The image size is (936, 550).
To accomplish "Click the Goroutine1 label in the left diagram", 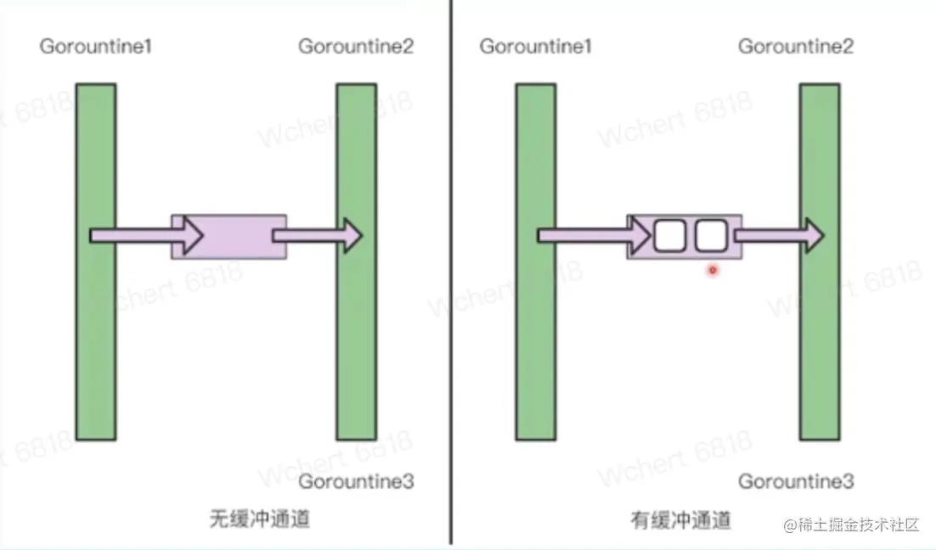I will coord(96,46).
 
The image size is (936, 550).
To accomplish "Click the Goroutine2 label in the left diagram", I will coord(356,46).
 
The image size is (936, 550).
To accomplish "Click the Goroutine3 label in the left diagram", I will coord(356,482).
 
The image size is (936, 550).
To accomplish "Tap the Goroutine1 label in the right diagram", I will coord(536,46).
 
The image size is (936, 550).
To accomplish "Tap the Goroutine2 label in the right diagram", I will coord(796,46).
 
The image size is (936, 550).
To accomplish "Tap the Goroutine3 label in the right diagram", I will coord(796,482).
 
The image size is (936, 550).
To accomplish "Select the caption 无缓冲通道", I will coord(259,519).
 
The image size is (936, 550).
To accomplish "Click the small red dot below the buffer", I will coord(713,270).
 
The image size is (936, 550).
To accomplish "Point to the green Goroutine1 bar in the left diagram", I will coord(96,340).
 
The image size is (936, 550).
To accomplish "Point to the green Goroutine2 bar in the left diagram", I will coord(356,340).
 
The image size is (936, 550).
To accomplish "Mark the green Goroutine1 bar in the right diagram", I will coord(536,340).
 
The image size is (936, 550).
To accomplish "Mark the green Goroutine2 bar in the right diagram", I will coord(820,340).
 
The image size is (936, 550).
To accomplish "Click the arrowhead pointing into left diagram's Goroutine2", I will coord(352,235).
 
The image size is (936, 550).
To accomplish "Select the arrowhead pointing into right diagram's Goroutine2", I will coord(814,235).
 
